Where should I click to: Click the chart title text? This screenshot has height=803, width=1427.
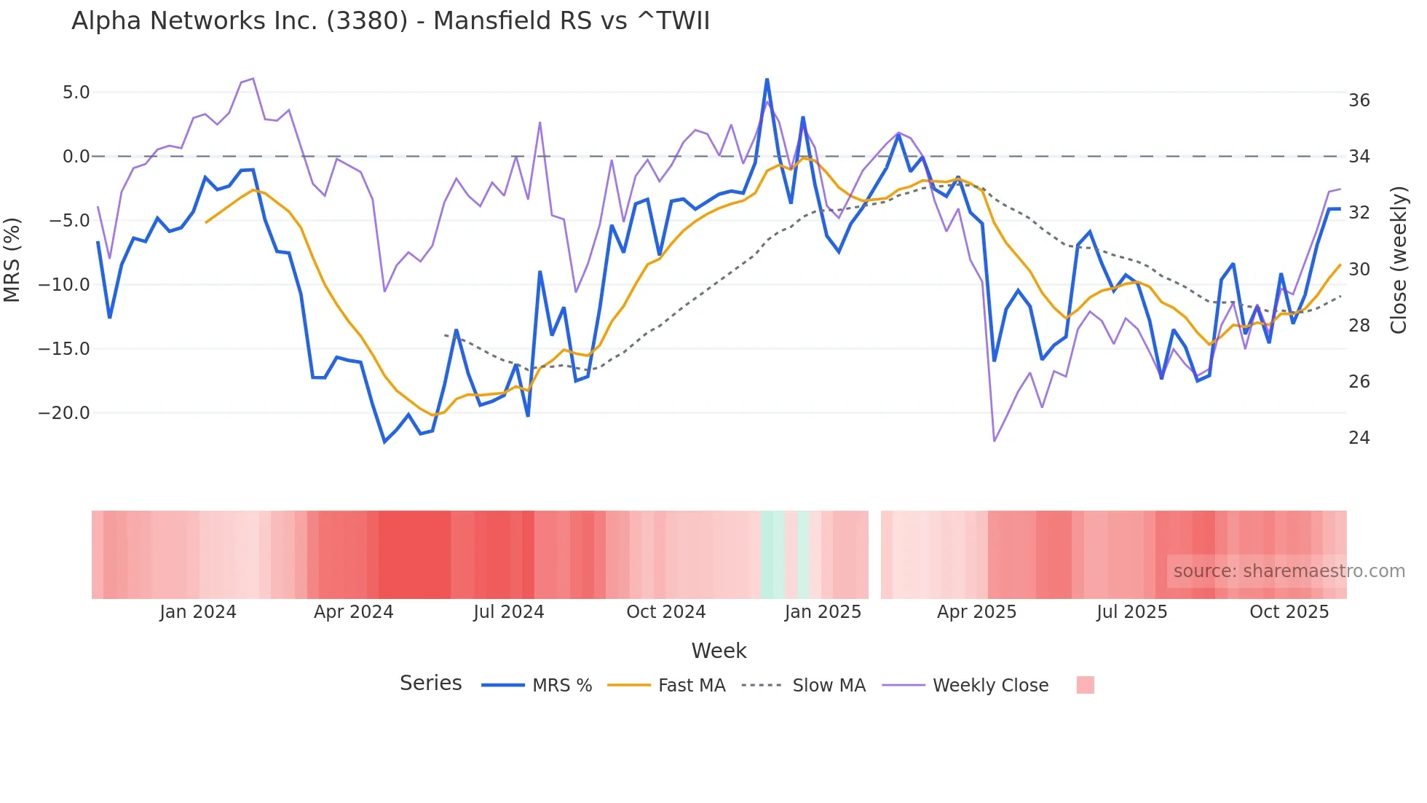pos(390,21)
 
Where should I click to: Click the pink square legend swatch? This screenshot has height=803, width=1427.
pos(1085,685)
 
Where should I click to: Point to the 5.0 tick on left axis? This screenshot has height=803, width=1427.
pos(76,93)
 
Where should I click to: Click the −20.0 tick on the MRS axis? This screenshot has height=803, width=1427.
pos(64,413)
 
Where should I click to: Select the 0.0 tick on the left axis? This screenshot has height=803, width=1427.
pos(76,157)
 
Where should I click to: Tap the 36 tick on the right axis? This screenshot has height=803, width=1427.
pos(1359,101)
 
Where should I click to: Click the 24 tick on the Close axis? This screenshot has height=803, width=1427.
pos(1359,438)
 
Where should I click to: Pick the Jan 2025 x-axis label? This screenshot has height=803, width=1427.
pos(823,612)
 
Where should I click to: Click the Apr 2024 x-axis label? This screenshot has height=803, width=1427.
pos(353,612)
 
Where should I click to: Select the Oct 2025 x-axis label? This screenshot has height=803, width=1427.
pos(1289,612)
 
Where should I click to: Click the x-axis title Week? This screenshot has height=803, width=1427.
pos(719,651)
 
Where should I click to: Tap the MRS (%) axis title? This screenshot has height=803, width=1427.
pos(12,259)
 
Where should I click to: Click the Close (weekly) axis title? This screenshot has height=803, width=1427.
pos(1399,259)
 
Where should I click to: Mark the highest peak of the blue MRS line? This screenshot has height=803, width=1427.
pos(767,79)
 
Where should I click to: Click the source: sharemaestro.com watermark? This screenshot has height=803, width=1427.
pos(1289,571)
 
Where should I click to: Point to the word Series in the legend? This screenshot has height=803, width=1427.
pos(430,683)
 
